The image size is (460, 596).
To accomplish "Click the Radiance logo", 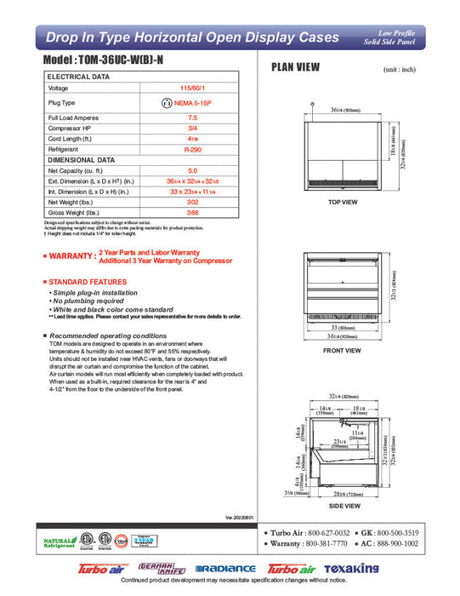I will (224, 569).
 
